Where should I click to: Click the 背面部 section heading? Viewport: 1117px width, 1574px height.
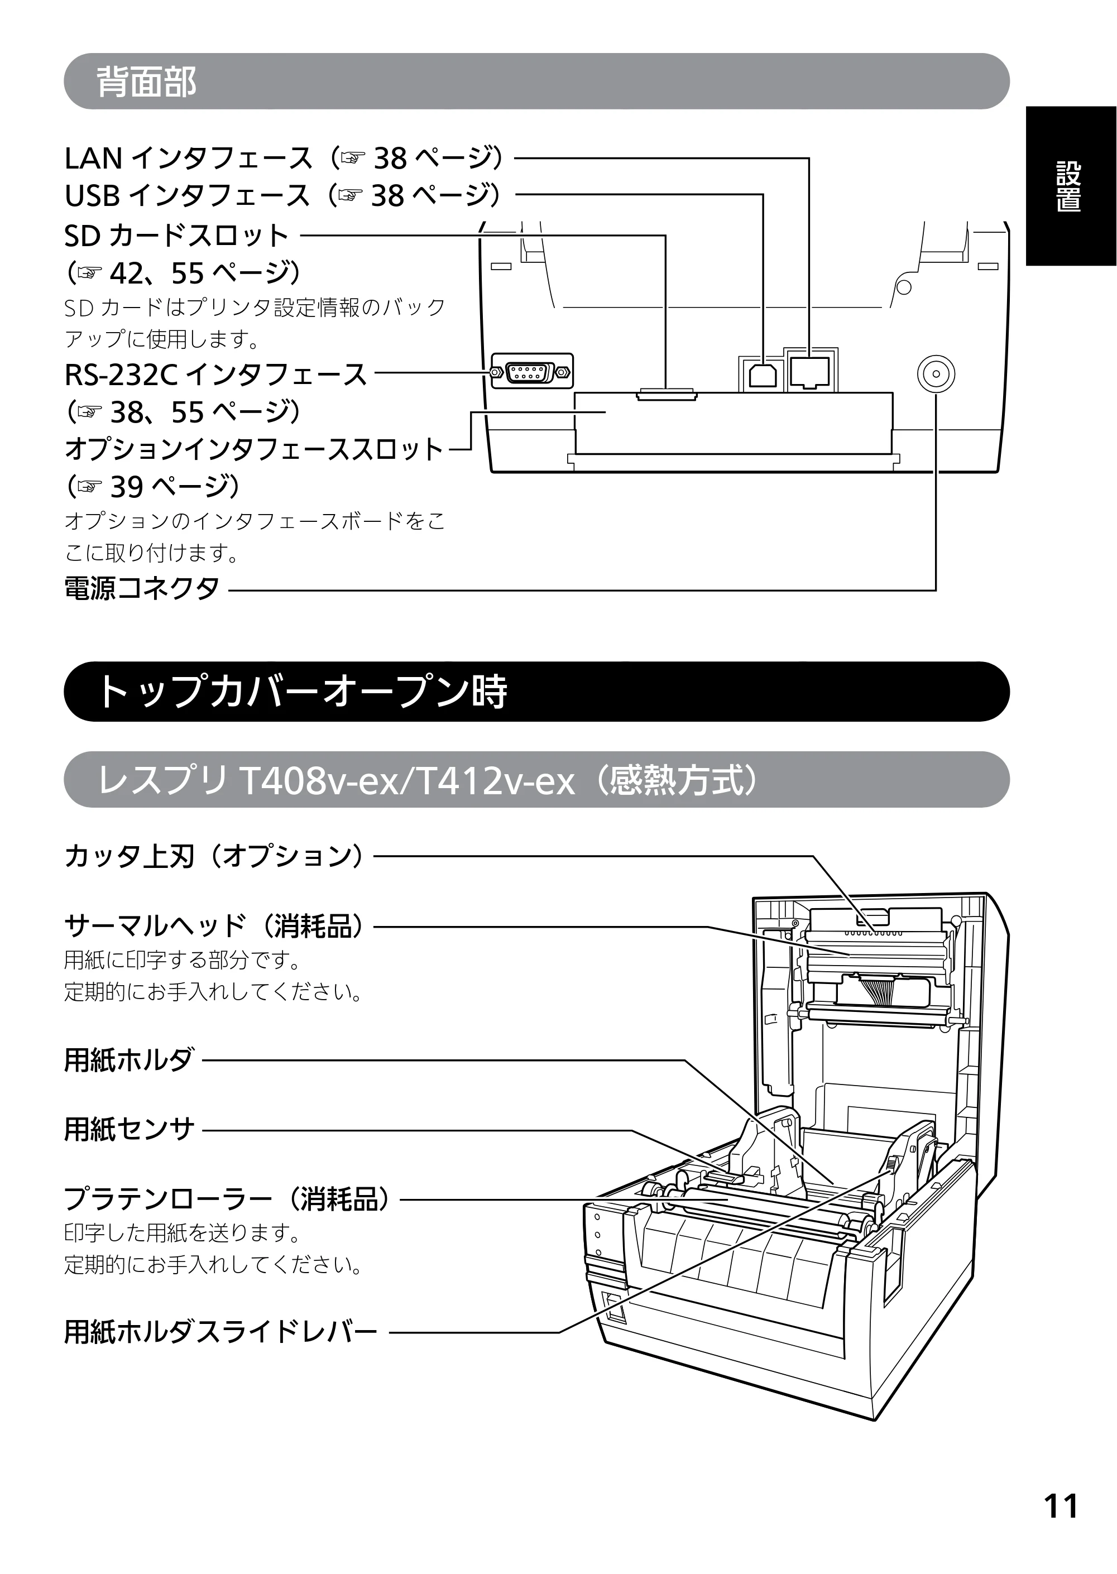point(146,81)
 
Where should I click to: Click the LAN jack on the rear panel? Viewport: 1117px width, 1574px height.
point(809,373)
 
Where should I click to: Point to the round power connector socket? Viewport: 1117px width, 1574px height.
point(936,374)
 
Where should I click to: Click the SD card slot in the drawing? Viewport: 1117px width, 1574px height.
point(667,395)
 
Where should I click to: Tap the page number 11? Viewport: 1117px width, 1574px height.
point(1061,1506)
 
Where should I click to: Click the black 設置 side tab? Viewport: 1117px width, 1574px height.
point(1070,186)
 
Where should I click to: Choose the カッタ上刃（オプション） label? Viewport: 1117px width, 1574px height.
point(214,856)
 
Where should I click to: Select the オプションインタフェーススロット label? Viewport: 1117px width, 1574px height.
point(254,449)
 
